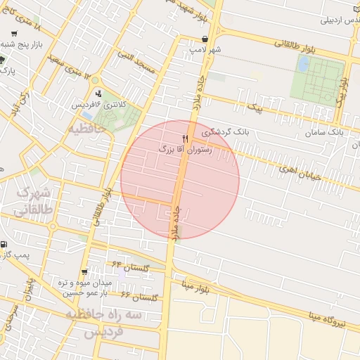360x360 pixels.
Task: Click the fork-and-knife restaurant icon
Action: tap(185, 139)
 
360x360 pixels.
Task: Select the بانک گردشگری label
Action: tap(225, 131)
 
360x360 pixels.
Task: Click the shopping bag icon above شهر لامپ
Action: tap(205, 39)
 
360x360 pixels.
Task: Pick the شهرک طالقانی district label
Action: tap(34, 201)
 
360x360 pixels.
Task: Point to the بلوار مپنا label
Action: tap(195, 287)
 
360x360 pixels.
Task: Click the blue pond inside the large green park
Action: tap(303, 64)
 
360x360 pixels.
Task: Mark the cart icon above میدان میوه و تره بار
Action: tap(85, 271)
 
